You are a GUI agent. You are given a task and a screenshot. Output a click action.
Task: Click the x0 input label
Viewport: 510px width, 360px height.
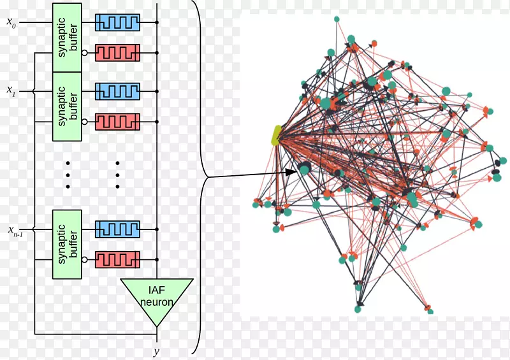point(11,22)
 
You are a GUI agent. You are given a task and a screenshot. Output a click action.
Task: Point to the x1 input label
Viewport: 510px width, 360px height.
point(11,92)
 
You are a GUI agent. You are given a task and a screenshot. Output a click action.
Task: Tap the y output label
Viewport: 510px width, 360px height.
point(156,351)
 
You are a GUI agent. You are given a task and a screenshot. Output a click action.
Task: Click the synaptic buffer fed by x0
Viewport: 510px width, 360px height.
point(67,37)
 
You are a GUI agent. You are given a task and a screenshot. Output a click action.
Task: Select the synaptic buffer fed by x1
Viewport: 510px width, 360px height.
point(67,106)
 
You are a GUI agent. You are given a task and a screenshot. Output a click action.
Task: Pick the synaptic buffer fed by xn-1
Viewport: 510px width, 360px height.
point(67,244)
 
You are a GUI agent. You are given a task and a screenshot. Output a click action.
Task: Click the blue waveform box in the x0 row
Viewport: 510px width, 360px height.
point(117,22)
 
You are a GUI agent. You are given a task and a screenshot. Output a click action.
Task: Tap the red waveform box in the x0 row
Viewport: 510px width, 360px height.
point(117,52)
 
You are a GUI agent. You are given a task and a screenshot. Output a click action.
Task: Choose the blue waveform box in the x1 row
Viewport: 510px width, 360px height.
point(117,92)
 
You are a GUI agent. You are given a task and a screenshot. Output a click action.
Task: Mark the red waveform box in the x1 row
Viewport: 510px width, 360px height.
point(117,121)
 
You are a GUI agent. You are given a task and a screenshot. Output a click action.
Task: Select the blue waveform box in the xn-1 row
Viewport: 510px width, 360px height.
point(117,229)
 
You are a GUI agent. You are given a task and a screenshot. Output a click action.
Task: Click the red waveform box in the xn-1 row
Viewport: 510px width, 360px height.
point(117,259)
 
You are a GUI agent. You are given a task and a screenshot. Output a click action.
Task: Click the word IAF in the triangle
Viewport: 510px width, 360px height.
point(156,290)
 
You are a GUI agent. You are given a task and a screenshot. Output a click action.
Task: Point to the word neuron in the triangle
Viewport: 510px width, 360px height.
point(156,301)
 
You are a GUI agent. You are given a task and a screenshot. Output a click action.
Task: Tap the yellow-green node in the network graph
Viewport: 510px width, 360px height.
point(277,135)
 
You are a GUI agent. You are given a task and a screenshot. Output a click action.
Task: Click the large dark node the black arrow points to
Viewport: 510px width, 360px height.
point(304,169)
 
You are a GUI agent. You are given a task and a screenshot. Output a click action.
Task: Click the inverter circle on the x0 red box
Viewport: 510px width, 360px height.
point(85,52)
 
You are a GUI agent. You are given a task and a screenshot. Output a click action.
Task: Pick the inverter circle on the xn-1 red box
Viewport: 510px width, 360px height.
point(85,259)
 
